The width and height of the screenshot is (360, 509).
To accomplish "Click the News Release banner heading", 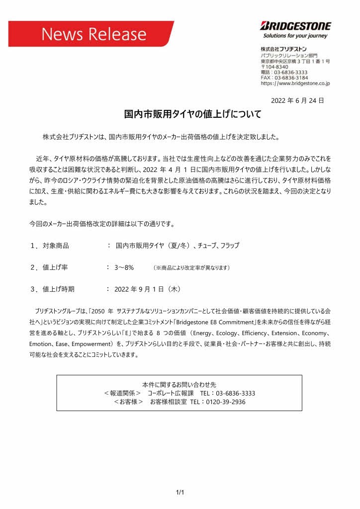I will click(x=94, y=34).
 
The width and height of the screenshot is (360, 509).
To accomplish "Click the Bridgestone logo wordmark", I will click(x=295, y=26).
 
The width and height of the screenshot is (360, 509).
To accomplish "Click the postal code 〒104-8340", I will click(x=274, y=67).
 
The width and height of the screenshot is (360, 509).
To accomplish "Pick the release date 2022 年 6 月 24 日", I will click(x=297, y=100).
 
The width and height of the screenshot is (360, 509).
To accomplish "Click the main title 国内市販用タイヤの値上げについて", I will click(x=192, y=114).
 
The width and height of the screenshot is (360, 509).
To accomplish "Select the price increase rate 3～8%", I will click(x=124, y=267).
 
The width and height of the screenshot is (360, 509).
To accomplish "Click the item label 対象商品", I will click(x=56, y=246).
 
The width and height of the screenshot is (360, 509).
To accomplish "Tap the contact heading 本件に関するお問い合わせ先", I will click(x=179, y=385).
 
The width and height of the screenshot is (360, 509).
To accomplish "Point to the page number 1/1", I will click(x=180, y=493).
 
